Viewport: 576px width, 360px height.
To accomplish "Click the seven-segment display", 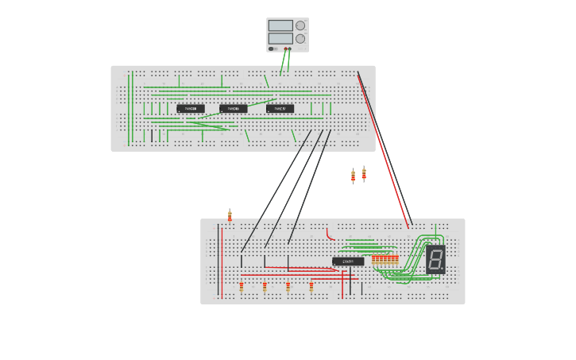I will (x=435, y=259).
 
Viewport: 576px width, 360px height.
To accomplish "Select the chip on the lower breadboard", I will (x=348, y=261).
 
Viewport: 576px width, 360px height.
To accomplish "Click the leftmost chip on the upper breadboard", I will (x=191, y=109).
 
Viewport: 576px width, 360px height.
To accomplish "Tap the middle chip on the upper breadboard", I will (x=234, y=109).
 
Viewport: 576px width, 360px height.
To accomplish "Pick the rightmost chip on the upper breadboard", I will (x=280, y=109).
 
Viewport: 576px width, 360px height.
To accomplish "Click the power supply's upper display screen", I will (x=280, y=25).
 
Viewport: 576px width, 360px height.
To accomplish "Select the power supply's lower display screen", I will (x=280, y=38).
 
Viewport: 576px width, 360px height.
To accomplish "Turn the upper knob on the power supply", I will (x=300, y=25).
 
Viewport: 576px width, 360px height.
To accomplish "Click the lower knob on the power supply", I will (x=300, y=38).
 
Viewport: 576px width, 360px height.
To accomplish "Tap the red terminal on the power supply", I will (x=285, y=49).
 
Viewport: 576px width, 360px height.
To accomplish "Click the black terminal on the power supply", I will (x=289, y=49).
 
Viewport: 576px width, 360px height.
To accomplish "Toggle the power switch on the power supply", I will (x=272, y=49).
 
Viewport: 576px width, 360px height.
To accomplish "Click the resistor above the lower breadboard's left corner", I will (x=230, y=215).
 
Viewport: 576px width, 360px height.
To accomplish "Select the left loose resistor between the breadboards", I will (x=353, y=176).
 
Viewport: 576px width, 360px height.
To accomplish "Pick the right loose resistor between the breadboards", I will (x=364, y=173).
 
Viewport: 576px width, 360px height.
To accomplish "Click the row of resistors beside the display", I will (x=385, y=260).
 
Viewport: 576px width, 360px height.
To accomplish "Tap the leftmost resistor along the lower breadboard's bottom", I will (x=242, y=286).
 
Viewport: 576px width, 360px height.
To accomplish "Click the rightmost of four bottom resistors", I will (x=311, y=286).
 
